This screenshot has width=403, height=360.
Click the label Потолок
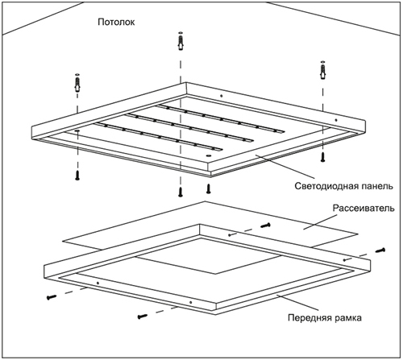click(116, 22)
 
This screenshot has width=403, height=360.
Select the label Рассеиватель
click(364, 208)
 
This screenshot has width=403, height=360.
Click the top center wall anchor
click(181, 41)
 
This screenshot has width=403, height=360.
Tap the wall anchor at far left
click(77, 83)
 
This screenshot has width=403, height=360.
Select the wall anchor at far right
click(323, 70)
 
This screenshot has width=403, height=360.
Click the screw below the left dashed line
click(77, 175)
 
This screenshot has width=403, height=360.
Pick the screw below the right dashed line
click(322, 157)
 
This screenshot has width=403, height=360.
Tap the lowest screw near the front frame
click(143, 317)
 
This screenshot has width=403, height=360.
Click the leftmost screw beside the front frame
click(52, 297)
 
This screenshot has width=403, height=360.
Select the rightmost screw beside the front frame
click(380, 250)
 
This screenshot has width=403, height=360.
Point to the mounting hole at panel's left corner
click(77, 130)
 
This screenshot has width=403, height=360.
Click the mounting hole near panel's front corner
click(208, 155)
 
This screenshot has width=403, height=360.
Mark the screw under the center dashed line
click(181, 192)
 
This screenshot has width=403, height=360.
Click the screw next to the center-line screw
click(208, 188)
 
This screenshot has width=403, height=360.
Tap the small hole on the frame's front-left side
click(98, 283)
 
